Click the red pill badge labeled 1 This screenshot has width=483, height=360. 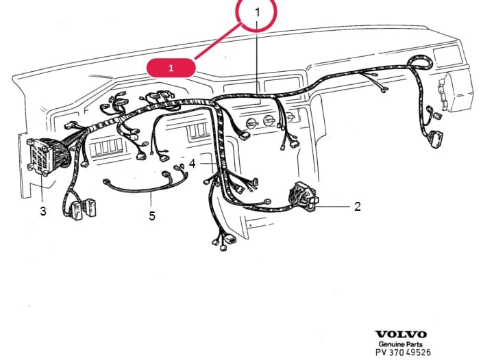(x=171, y=68)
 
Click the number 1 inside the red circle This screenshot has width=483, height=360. (x=258, y=12)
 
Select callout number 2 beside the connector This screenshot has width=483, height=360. (x=358, y=207)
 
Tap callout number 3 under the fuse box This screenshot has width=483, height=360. (x=43, y=211)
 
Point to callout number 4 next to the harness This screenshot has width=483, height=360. (x=193, y=164)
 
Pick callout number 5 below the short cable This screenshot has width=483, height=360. (x=152, y=216)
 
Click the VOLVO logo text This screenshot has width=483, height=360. (x=401, y=334)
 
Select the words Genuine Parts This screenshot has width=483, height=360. (x=401, y=344)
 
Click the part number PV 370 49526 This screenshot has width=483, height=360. (x=403, y=352)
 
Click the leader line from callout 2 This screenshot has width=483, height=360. (x=334, y=207)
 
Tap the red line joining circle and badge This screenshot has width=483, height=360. (x=218, y=41)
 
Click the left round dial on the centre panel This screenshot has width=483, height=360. (x=252, y=124)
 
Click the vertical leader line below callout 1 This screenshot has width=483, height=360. (x=257, y=57)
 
